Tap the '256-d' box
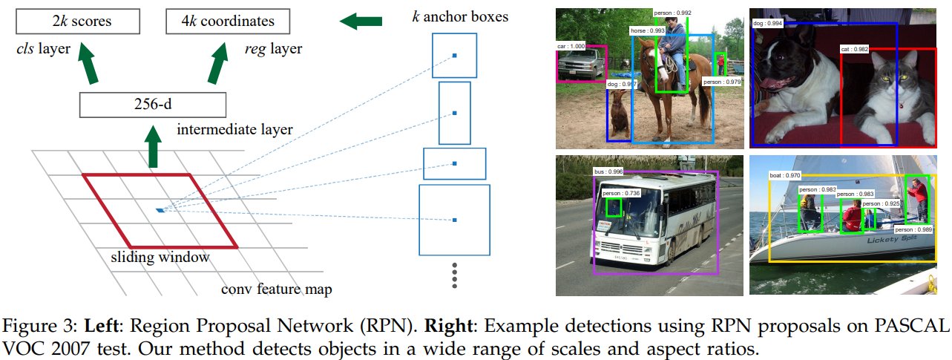tap(152, 105)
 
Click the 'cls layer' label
tap(44, 50)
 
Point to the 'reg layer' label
tap(273, 50)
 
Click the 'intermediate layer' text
tap(234, 130)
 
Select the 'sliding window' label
tap(160, 258)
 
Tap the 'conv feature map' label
tap(276, 288)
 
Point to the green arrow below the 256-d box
tap(153, 148)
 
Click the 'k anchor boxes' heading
tap(460, 16)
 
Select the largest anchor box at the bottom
tap(455, 219)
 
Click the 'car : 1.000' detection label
tap(571, 46)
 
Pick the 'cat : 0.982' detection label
tap(855, 49)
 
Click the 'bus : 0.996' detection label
tap(608, 171)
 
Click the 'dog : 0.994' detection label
tap(767, 24)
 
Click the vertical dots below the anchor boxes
tap(455, 275)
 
